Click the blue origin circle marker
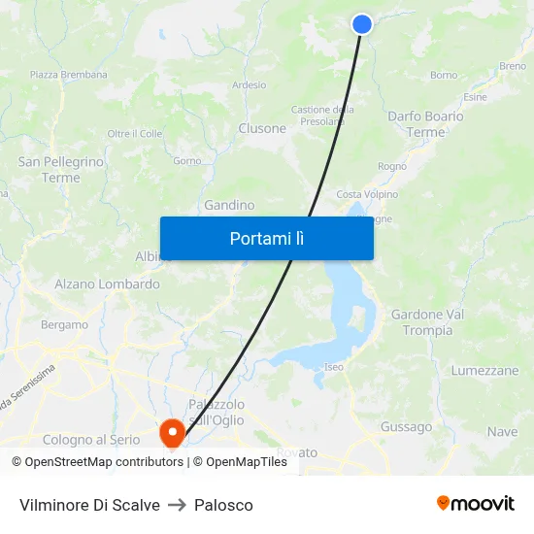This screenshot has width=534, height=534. click(x=362, y=24)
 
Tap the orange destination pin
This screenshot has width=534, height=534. click(x=172, y=431)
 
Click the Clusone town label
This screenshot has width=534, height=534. click(x=262, y=128)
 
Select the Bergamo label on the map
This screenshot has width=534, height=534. click(x=64, y=325)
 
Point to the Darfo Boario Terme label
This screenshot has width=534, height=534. click(x=425, y=124)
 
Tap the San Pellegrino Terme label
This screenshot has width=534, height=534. click(x=61, y=170)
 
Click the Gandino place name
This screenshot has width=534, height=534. click(x=229, y=206)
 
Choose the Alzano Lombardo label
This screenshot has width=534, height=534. click(x=107, y=284)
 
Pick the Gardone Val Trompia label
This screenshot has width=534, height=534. click(x=427, y=322)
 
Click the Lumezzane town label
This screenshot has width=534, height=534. click(x=484, y=371)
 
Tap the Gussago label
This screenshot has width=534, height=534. click(x=406, y=427)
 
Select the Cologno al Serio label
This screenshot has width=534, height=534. click(x=91, y=440)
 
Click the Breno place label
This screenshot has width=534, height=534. click(x=513, y=66)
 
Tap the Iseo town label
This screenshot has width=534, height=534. click(x=334, y=367)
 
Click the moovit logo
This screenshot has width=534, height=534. click(x=476, y=503)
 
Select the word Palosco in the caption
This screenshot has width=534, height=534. click(x=223, y=505)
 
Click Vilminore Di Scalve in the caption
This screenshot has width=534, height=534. click(x=89, y=505)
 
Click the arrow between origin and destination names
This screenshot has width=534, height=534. click(x=177, y=505)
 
